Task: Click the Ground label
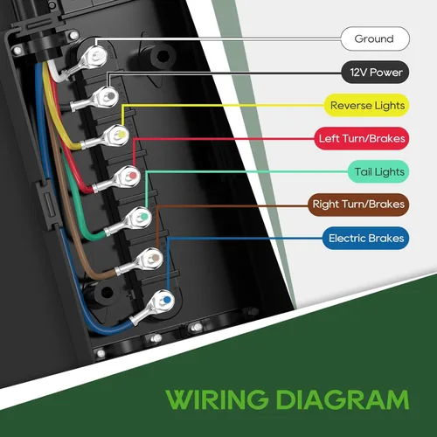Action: [x=373, y=38]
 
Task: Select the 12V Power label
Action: [x=373, y=73]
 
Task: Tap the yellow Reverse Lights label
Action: [x=367, y=106]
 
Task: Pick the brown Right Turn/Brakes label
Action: [x=359, y=205]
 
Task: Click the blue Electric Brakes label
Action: [x=365, y=238]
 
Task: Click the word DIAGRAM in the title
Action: [x=343, y=399]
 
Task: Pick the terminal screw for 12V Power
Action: [x=108, y=94]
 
